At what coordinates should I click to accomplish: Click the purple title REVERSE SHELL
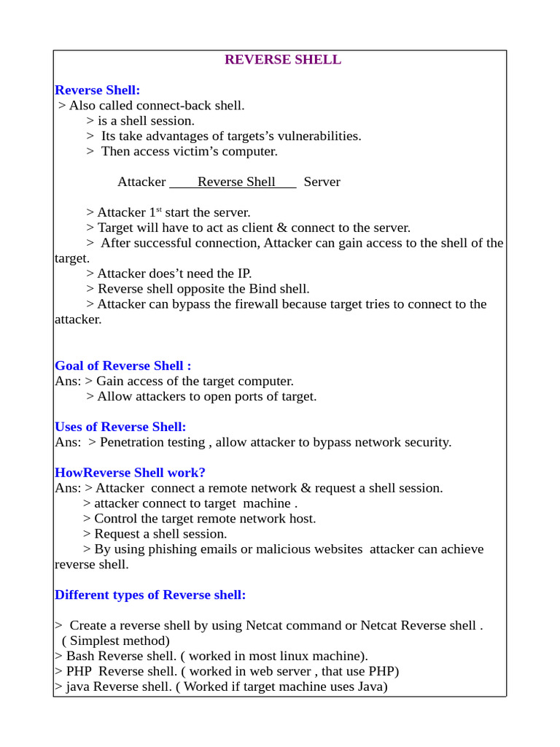[282, 60]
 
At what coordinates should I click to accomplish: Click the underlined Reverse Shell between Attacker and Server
[236, 182]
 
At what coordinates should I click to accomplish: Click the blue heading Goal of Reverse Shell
[122, 365]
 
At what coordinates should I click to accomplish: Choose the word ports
[253, 397]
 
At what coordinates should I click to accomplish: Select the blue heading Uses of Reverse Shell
[120, 427]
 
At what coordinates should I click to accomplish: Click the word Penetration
[136, 443]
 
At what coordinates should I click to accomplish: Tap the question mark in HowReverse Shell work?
[202, 473]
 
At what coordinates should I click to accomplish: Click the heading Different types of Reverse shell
[150, 595]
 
